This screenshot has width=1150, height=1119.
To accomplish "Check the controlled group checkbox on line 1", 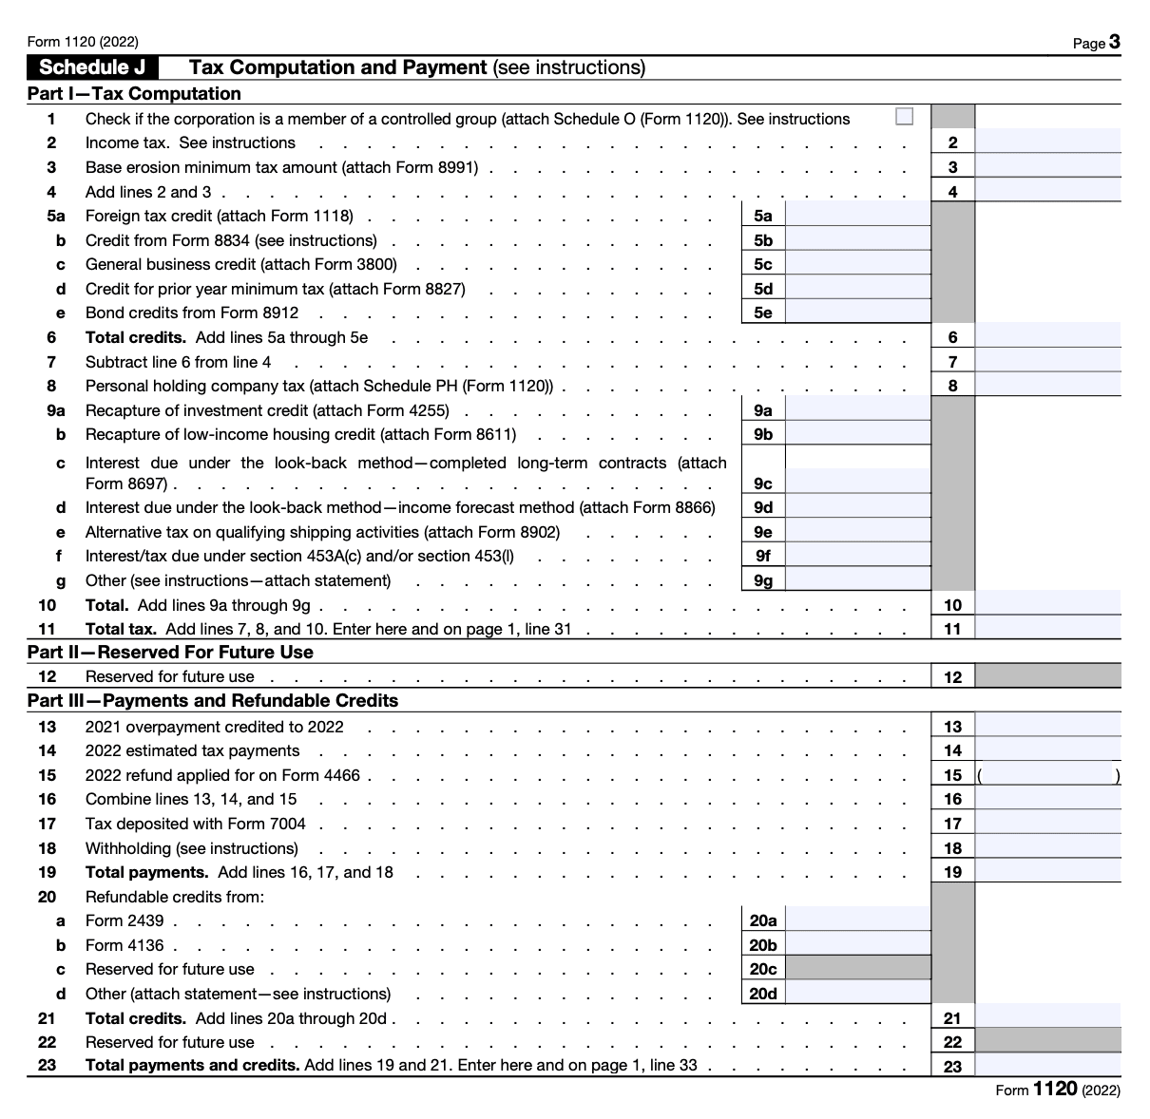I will coord(904,117).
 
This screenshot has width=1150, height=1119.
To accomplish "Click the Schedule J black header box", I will coord(98,67).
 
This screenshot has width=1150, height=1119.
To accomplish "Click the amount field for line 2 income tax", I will coord(1047,142).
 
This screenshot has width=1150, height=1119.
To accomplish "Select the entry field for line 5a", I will coord(858,216).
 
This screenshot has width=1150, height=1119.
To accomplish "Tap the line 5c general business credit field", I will coord(858,264).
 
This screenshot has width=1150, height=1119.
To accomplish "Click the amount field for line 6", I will coord(1047,337).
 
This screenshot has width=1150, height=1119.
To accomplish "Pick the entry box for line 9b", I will coord(858,434).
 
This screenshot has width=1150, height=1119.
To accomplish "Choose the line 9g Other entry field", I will coord(858,580).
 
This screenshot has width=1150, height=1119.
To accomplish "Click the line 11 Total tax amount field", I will coord(1047,629).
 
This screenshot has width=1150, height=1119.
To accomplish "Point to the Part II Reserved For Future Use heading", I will coord(170,653).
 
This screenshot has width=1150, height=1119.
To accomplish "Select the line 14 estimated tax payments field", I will coord(1047,750).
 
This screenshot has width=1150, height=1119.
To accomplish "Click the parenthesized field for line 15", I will coord(1049,775).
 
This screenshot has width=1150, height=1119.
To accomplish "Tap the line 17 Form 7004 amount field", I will coord(1047,824).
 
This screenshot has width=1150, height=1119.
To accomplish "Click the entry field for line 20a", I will coord(858,920).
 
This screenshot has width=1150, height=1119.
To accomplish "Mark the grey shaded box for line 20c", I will coord(859,969).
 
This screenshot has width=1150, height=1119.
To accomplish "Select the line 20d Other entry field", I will coord(858,994).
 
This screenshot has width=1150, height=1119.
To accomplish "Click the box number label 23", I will coord(952,1067).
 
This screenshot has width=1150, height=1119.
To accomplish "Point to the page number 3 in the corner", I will coord(1114,42).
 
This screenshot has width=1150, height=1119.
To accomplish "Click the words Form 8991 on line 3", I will coord(444,167).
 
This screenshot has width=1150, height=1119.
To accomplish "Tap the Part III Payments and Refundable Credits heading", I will coord(213,701).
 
